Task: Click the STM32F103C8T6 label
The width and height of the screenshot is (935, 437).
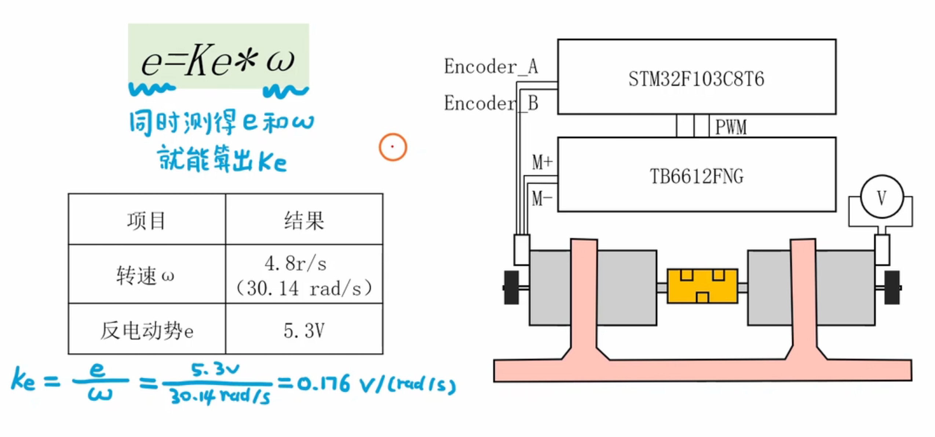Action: tap(696, 79)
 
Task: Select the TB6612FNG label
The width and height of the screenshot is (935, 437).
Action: tap(697, 176)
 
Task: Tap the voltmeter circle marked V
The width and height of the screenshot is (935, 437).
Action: tap(881, 197)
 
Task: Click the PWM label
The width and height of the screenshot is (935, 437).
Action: tap(730, 127)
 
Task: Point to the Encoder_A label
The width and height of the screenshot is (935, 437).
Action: tap(491, 66)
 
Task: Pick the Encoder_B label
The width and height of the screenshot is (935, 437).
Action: tap(491, 103)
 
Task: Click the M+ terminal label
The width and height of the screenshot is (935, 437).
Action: tap(542, 162)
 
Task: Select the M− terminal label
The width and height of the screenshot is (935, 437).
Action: tap(542, 199)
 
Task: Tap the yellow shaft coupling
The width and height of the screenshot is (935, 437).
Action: tap(702, 286)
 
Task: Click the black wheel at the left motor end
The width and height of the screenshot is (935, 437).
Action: tap(511, 288)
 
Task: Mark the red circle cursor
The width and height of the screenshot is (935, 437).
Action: tap(392, 147)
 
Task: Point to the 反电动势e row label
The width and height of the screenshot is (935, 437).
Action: tap(147, 331)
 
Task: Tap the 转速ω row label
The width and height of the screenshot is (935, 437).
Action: tap(145, 275)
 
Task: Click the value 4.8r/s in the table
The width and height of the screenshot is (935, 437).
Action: tap(295, 263)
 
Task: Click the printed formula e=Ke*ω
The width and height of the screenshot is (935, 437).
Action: tap(218, 60)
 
